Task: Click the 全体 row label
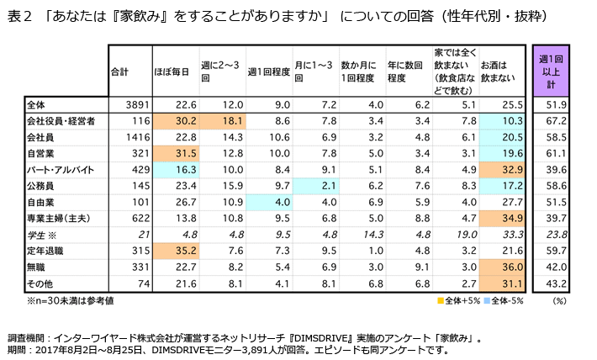[35, 105]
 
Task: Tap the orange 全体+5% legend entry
[458, 300]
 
